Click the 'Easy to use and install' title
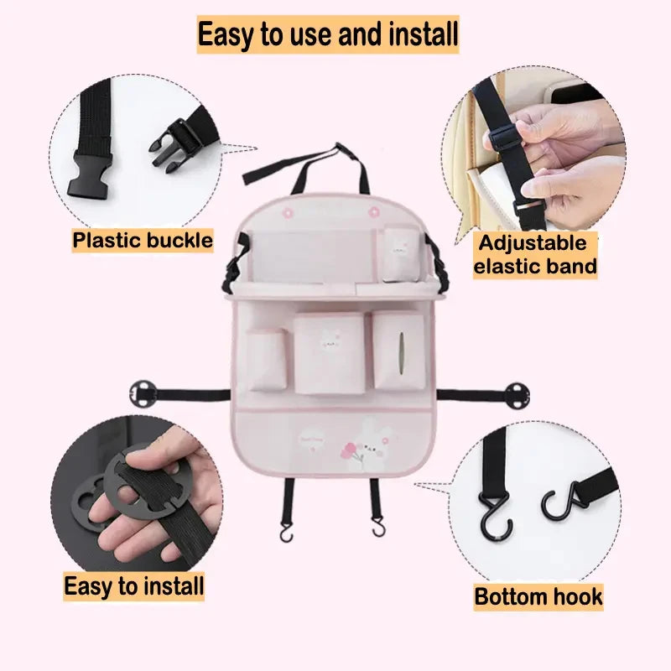328,34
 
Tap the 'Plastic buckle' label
143,241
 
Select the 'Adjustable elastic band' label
535,255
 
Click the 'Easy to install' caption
134,586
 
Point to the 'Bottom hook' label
538,597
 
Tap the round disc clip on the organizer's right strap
517,395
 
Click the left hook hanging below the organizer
286,533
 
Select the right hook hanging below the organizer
378,528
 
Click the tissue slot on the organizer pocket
402,351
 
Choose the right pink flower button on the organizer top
374,211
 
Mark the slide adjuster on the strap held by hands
504,137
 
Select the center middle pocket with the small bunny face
330,353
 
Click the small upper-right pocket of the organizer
401,254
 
